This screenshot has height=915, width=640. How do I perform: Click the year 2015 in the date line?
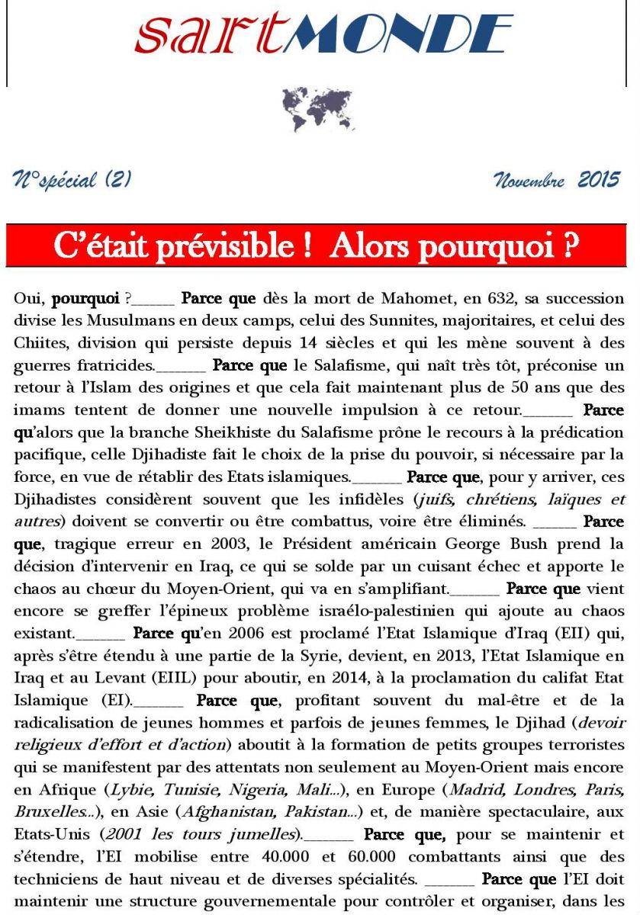point(599,181)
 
